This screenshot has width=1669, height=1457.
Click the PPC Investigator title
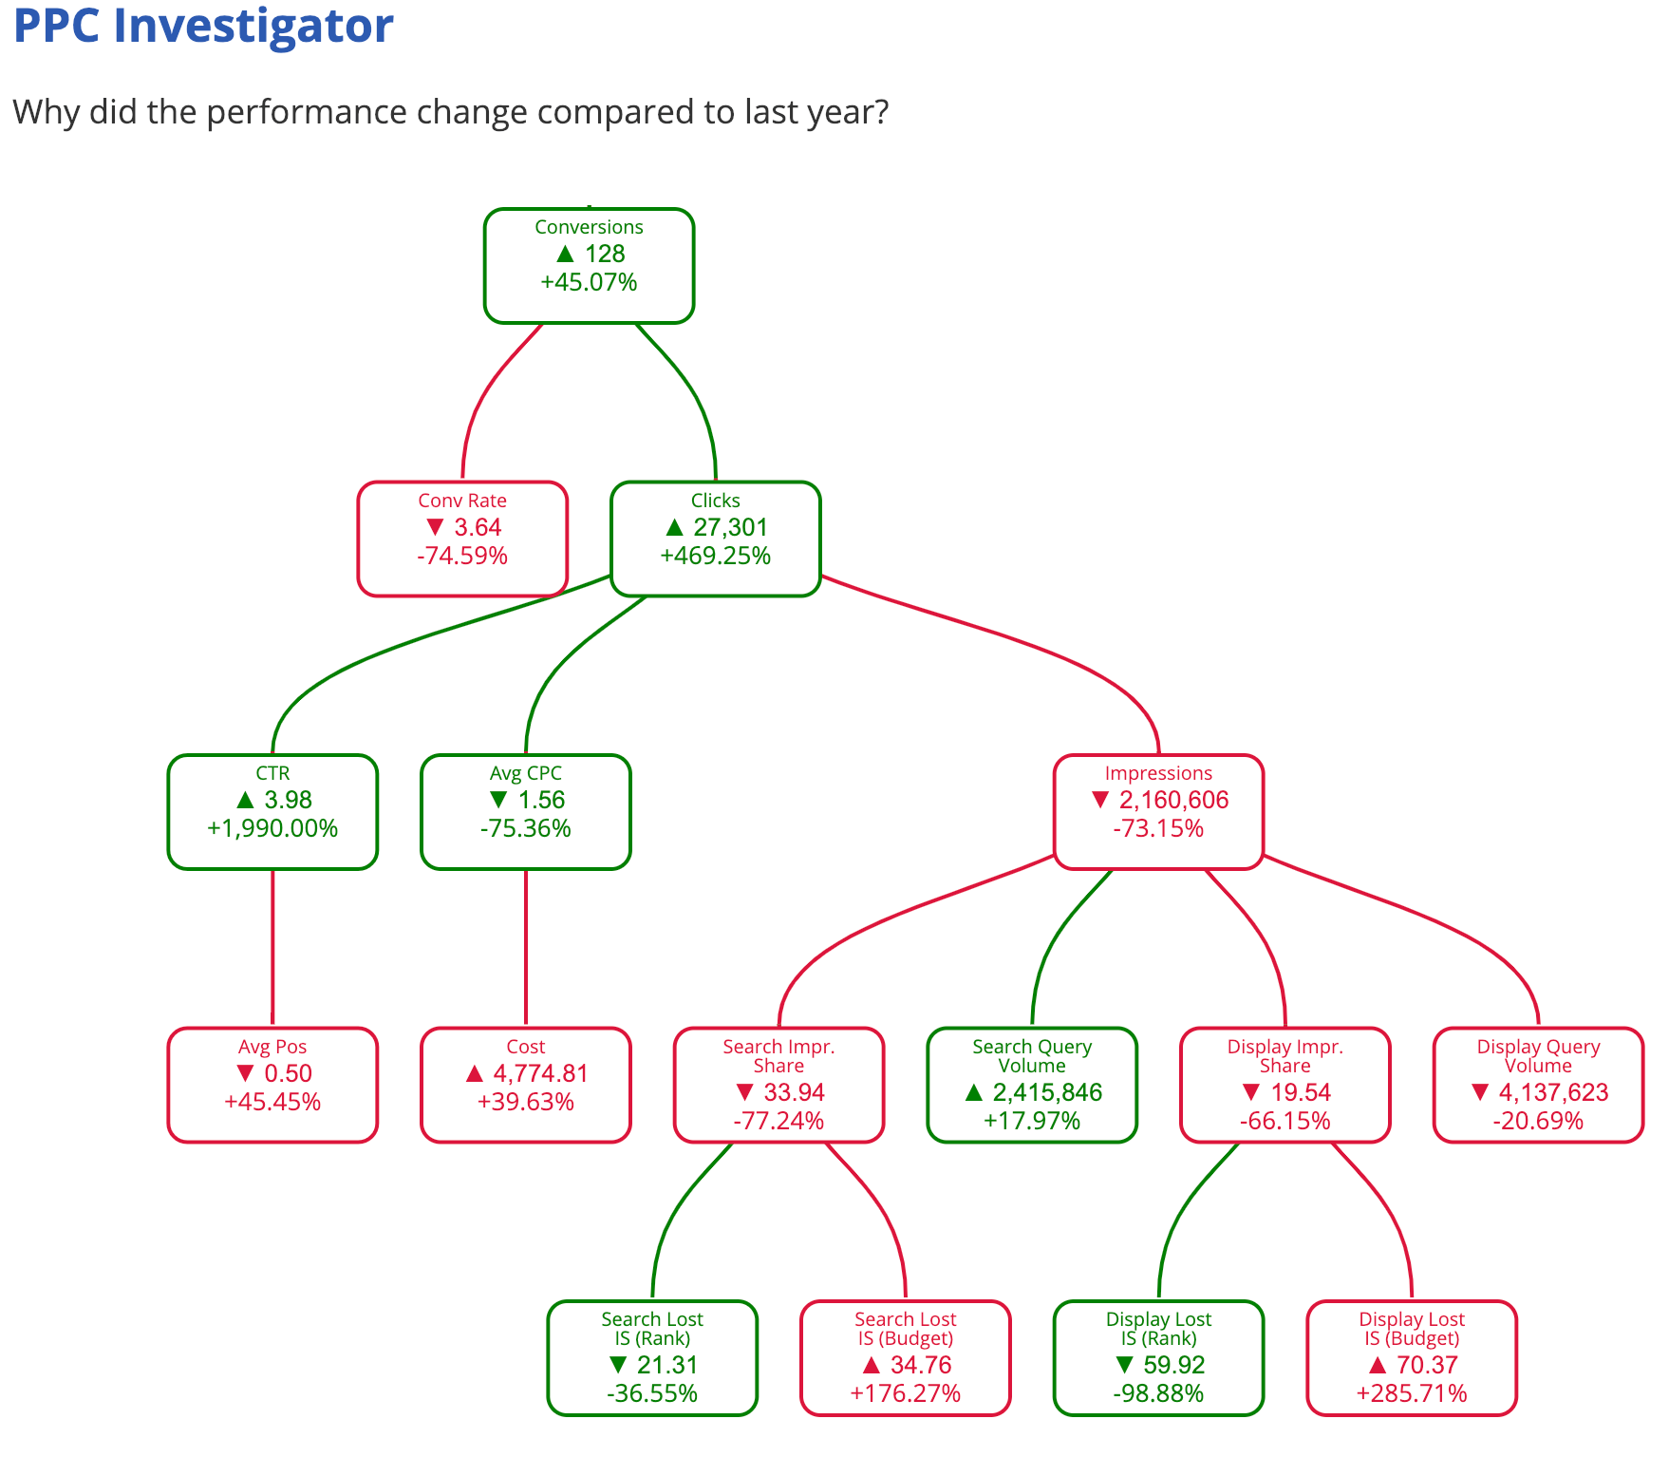tap(203, 27)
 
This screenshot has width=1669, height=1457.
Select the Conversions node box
tap(589, 265)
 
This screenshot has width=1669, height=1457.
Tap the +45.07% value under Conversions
tap(589, 283)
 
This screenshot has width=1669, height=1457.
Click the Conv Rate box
tap(462, 539)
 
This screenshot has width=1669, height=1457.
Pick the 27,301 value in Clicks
tap(730, 528)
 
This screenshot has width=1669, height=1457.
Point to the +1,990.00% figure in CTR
tap(272, 829)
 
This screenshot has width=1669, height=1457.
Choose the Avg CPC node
tap(526, 811)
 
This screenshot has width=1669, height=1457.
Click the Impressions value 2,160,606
tap(1173, 801)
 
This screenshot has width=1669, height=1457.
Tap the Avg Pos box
tap(272, 1085)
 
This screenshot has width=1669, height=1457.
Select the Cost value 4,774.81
tap(540, 1074)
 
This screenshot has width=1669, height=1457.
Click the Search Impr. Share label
tap(778, 1056)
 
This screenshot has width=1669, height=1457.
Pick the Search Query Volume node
tap(1032, 1085)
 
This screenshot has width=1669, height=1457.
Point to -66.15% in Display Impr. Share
tap(1285, 1122)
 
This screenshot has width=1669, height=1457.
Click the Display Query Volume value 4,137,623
tap(1553, 1093)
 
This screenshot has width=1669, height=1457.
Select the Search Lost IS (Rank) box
tap(652, 1357)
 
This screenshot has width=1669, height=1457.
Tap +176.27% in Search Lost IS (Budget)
tap(906, 1394)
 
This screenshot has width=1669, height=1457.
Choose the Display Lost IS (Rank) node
tap(1158, 1357)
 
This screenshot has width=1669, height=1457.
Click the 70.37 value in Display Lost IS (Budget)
tap(1427, 1366)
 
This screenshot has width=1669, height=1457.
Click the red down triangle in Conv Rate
tap(436, 527)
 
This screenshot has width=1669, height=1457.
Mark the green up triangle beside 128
tap(566, 254)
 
